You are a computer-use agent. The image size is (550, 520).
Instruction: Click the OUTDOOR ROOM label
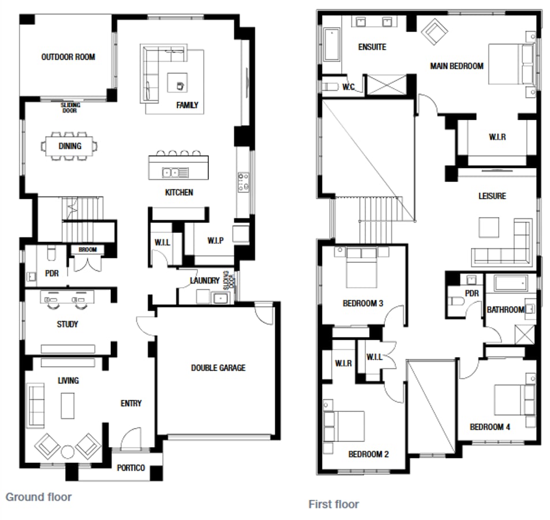point(68,57)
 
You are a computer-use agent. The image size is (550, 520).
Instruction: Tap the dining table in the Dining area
point(69,146)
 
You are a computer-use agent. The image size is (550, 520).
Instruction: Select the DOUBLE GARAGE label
point(218,367)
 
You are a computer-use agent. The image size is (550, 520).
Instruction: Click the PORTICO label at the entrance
point(131,467)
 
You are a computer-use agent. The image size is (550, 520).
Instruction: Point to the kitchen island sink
point(175,172)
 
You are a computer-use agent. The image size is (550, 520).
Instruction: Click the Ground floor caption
point(39,496)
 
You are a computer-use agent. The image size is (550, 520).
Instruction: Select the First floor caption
point(334,504)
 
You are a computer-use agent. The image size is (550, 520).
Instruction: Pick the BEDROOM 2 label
point(368,454)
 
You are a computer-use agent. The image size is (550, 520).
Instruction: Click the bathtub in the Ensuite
point(332,45)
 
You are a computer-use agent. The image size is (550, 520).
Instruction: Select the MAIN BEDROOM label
point(457,66)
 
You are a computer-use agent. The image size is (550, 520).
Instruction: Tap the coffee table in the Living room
point(68,405)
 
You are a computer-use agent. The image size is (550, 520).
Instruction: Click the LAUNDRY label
point(205,281)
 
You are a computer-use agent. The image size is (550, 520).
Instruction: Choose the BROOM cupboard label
point(88,250)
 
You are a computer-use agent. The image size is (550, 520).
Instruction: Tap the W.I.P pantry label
point(216,240)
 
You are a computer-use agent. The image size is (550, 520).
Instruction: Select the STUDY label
point(68,324)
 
